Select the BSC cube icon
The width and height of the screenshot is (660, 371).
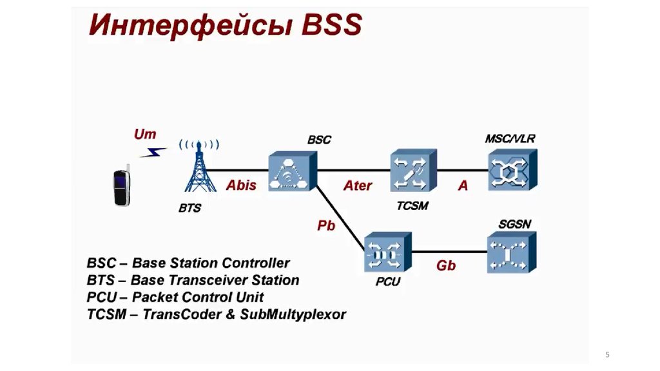[293, 170]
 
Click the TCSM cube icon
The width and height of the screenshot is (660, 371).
[413, 171]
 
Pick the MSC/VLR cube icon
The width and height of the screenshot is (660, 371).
[509, 171]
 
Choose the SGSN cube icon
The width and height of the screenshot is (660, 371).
[509, 254]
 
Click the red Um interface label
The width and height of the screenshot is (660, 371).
[144, 135]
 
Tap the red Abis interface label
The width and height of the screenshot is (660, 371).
[241, 185]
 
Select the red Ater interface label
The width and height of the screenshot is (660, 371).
[357, 185]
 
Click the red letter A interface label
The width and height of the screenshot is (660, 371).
[463, 185]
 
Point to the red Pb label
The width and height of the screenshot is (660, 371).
[326, 226]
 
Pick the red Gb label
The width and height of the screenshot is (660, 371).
[446, 265]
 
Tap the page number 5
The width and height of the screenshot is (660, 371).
[607, 355]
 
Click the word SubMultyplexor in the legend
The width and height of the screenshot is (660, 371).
[293, 314]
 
